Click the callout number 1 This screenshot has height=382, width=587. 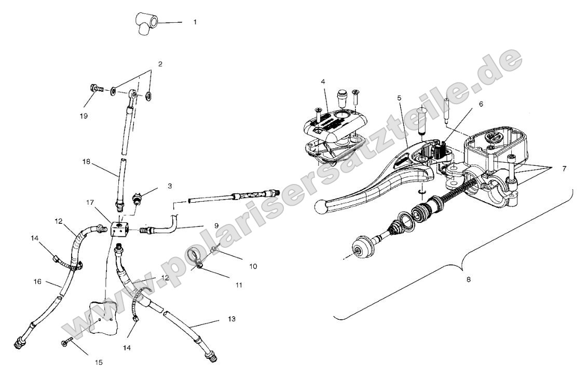point(195,23)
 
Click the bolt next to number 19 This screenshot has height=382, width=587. point(95,89)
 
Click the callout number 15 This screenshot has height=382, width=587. point(100,362)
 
